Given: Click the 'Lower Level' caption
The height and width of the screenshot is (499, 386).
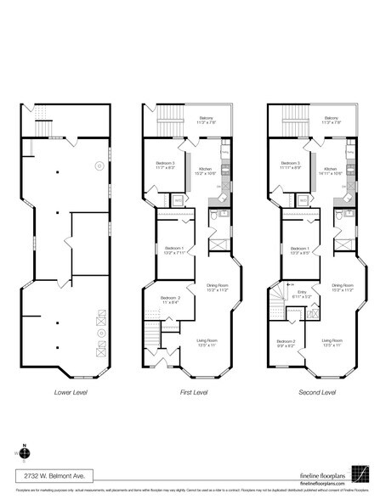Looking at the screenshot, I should [71, 393].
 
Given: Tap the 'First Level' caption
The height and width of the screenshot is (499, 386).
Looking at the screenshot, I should [194, 393].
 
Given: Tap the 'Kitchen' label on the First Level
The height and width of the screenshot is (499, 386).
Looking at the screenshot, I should [205, 168].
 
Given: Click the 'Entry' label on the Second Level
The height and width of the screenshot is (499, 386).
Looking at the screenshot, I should [302, 290].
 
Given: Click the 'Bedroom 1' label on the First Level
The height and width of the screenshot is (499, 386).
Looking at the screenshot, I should [168, 248].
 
